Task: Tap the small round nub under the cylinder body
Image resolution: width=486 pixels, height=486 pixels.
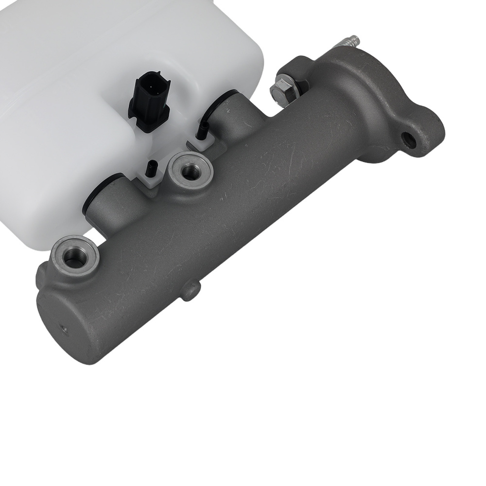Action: pyautogui.click(x=191, y=290)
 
